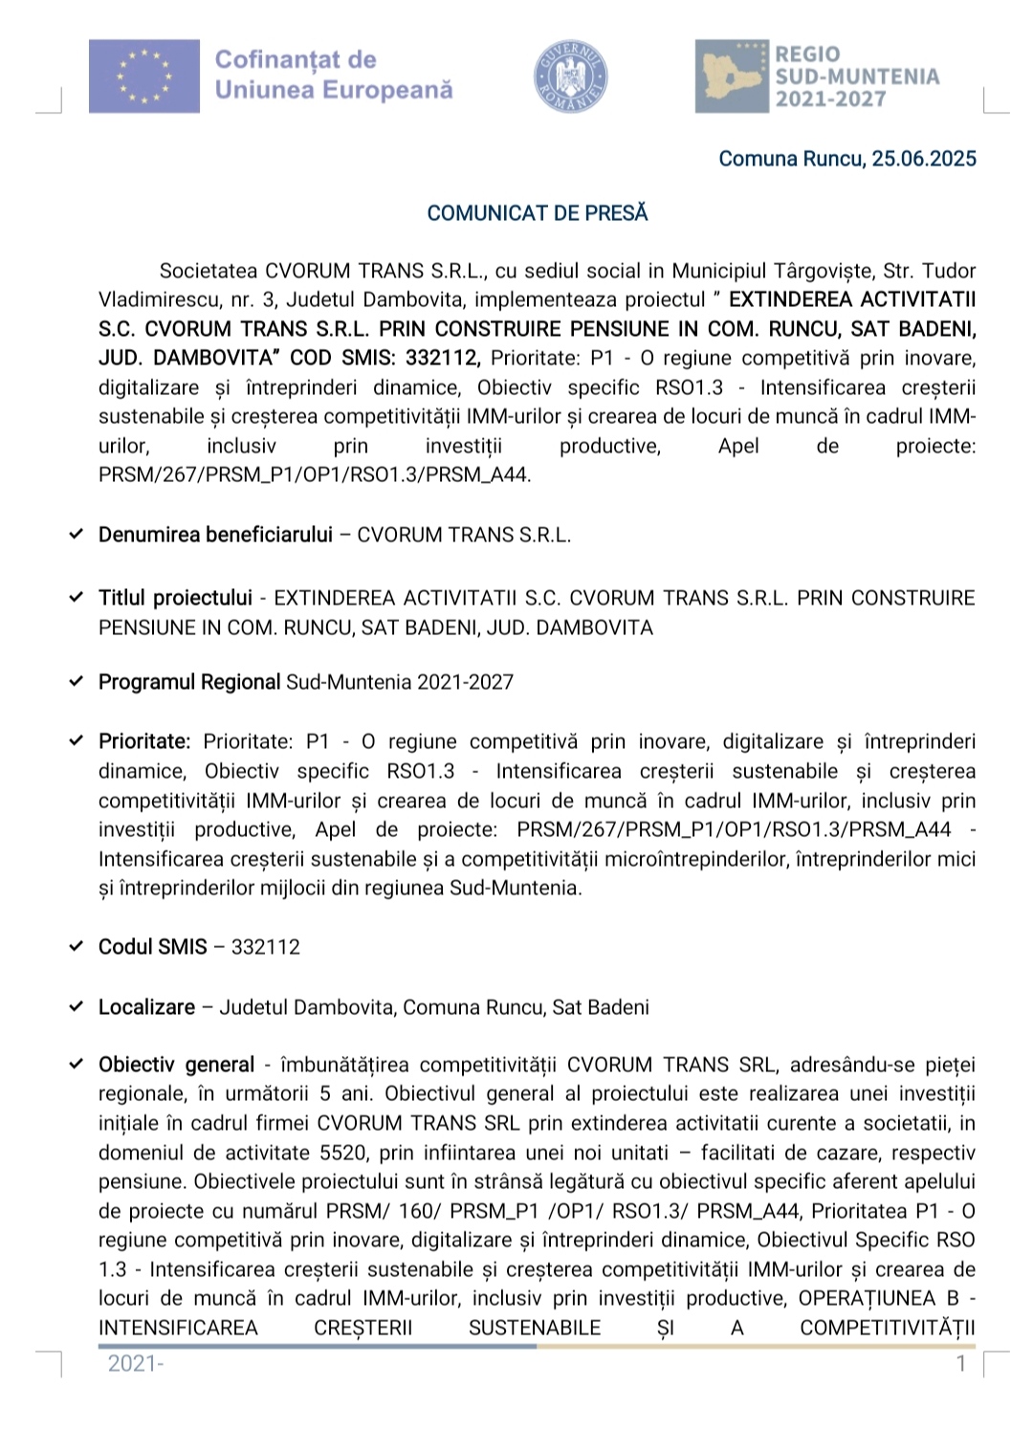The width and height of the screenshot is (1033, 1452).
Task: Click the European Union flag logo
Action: tap(144, 77)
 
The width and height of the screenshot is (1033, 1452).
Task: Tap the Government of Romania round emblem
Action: tap(571, 77)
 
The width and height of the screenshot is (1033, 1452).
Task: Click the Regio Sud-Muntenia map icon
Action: tap(732, 77)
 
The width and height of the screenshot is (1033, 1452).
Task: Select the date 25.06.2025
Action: tap(924, 159)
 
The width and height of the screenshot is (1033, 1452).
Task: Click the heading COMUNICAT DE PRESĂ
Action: tap(538, 213)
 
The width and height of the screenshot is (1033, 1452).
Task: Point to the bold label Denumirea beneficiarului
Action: tap(215, 535)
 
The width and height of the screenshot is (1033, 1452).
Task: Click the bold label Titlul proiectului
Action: tap(175, 598)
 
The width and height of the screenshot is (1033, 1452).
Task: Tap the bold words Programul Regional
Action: tap(189, 682)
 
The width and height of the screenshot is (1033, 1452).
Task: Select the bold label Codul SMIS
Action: tap(153, 947)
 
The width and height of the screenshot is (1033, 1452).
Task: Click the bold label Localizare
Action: tap(146, 1007)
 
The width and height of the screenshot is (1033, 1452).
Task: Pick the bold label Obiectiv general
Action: tap(176, 1065)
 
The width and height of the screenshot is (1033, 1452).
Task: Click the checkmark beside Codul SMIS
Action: tap(77, 947)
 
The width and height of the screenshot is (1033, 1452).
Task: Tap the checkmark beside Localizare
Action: tap(77, 1007)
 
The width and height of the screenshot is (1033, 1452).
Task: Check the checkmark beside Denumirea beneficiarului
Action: tap(77, 535)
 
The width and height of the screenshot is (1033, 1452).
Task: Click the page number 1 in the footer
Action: tap(961, 1364)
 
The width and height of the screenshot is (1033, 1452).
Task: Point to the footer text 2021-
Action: tap(136, 1364)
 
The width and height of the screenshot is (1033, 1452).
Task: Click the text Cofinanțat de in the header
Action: tap(296, 59)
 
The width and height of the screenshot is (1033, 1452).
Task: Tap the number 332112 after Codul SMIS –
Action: tap(266, 947)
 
